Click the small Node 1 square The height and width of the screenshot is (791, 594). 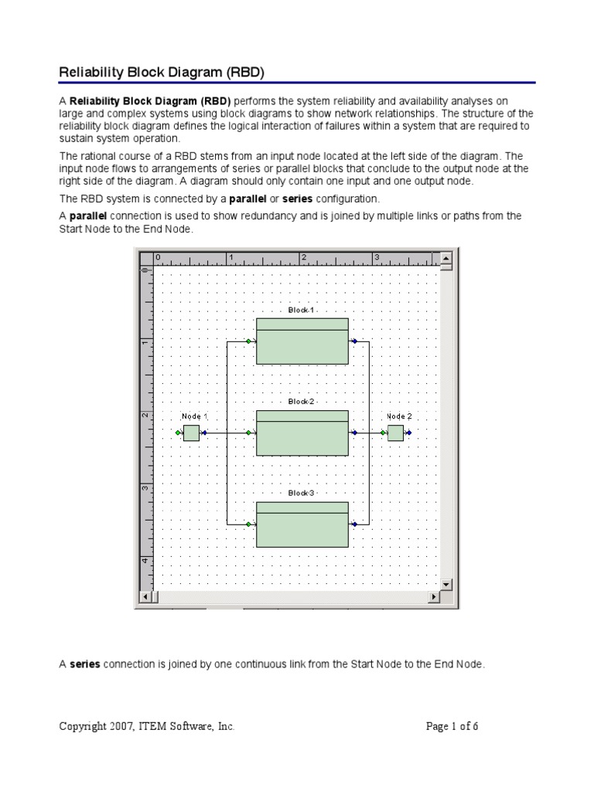click(191, 433)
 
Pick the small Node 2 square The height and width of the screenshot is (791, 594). click(395, 433)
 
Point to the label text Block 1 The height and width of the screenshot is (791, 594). click(302, 310)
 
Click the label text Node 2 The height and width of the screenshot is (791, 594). click(400, 416)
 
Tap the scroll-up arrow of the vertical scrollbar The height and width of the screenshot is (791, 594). click(445, 258)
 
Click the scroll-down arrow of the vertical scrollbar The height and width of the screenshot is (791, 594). click(445, 584)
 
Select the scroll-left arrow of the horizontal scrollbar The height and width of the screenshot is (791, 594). click(145, 597)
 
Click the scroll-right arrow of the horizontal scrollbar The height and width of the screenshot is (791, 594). click(433, 597)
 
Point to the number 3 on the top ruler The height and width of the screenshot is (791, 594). click(377, 257)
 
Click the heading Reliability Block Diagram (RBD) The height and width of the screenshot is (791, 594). click(162, 73)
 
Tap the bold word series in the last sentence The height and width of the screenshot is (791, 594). click(85, 664)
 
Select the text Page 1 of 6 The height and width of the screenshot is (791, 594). click(452, 726)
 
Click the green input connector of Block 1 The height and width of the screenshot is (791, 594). click(248, 341)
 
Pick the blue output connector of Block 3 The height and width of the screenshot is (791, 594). click(354, 525)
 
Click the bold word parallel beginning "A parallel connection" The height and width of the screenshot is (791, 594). click(89, 216)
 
